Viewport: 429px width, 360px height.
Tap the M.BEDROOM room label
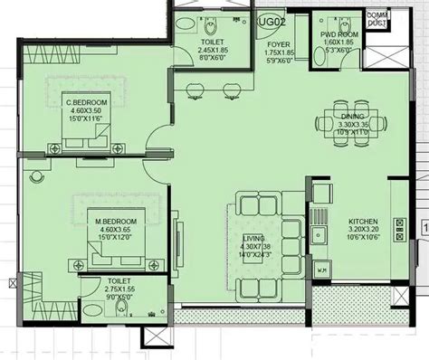tap(116, 222)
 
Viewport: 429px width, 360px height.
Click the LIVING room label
tap(255, 238)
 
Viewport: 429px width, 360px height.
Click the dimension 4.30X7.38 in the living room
tap(255, 247)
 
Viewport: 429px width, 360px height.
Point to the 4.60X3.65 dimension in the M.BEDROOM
tap(116, 231)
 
